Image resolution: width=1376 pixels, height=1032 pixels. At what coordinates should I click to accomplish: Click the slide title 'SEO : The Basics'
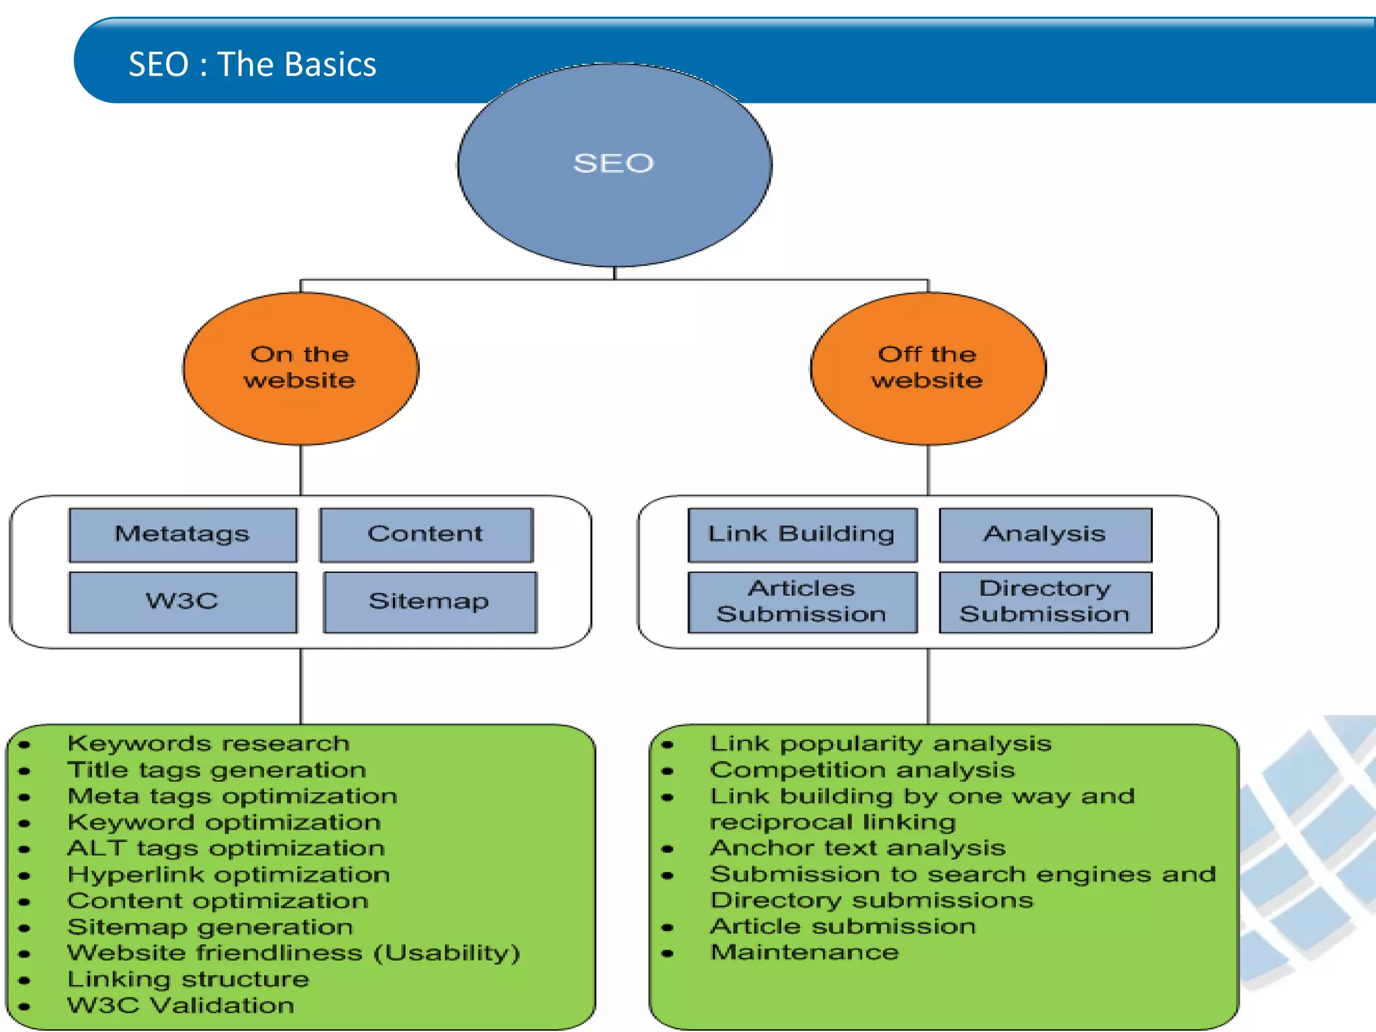[252, 64]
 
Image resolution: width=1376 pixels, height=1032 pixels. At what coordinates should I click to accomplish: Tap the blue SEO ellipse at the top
[613, 164]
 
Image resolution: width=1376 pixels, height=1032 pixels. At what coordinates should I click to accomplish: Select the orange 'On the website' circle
[300, 368]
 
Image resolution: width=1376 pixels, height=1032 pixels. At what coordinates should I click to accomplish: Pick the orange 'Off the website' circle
[927, 368]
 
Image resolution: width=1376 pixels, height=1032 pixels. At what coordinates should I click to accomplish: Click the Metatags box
[183, 534]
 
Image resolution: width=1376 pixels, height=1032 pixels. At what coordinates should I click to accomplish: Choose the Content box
[426, 534]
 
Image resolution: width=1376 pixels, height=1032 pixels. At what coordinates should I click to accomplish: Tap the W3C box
[183, 601]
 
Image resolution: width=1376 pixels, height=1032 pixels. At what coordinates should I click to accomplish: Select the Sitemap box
[429, 601]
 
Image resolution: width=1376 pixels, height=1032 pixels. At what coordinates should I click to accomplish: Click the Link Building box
[802, 534]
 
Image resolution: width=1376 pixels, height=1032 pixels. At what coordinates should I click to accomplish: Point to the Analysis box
[1045, 534]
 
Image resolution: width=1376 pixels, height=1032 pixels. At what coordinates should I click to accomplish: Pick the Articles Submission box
[802, 601]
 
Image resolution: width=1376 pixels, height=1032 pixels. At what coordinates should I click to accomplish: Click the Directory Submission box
[1045, 601]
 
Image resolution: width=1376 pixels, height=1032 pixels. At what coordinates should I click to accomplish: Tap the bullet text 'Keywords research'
[209, 744]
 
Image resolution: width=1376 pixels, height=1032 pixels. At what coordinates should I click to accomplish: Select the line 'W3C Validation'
[181, 1006]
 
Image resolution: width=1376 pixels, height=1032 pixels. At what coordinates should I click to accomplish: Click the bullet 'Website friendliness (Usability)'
[294, 953]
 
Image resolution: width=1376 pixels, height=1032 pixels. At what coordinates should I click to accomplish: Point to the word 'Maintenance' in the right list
[804, 953]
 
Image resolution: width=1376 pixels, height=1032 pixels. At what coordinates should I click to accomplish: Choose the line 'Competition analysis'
[862, 770]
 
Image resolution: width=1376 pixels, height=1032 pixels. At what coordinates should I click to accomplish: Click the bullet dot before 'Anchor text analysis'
[667, 849]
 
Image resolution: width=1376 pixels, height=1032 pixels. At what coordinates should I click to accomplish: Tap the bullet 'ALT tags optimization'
[226, 849]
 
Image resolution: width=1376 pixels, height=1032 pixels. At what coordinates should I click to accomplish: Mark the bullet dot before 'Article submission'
[667, 928]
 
